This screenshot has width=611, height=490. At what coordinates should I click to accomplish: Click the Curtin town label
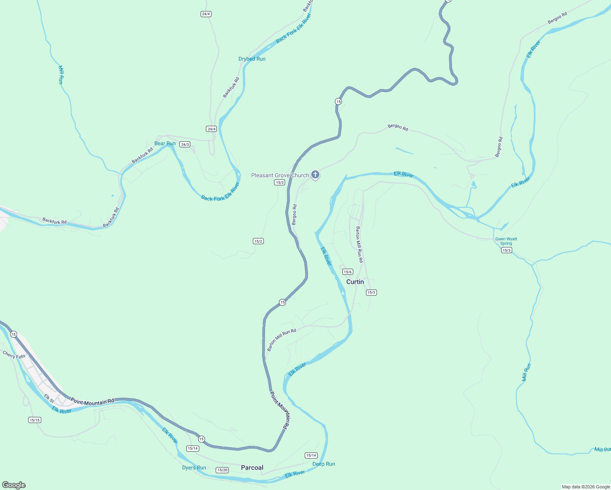355,282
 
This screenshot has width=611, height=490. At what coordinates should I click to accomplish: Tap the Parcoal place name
252,468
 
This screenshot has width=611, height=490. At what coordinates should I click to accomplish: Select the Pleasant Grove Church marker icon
315,175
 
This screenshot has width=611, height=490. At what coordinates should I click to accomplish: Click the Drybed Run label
252,59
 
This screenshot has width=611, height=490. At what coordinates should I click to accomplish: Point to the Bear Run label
165,143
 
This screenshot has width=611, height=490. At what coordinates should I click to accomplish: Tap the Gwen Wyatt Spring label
506,241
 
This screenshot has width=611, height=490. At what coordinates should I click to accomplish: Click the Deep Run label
323,464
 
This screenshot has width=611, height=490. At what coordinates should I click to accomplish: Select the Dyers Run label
194,468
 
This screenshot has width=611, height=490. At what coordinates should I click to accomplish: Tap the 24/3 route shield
185,145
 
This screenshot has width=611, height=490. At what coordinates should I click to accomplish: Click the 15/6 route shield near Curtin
348,272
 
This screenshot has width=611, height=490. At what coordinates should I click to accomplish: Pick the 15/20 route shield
222,470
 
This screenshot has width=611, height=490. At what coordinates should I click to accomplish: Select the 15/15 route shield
35,420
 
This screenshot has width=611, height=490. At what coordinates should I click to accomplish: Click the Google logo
14,485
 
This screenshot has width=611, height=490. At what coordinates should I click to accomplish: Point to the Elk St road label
49,399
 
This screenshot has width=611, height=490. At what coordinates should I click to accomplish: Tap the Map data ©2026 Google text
586,487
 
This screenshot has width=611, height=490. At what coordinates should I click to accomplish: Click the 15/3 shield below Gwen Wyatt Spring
506,250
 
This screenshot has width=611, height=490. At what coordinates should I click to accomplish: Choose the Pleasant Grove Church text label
280,175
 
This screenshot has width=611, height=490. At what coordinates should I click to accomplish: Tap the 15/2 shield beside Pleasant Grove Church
279,183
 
